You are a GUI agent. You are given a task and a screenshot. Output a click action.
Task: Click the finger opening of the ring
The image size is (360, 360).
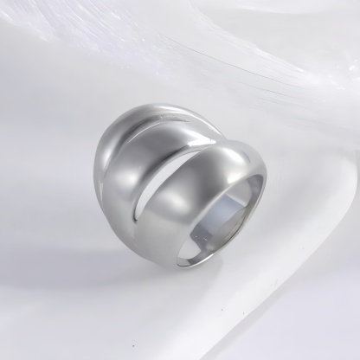(x=227, y=221)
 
